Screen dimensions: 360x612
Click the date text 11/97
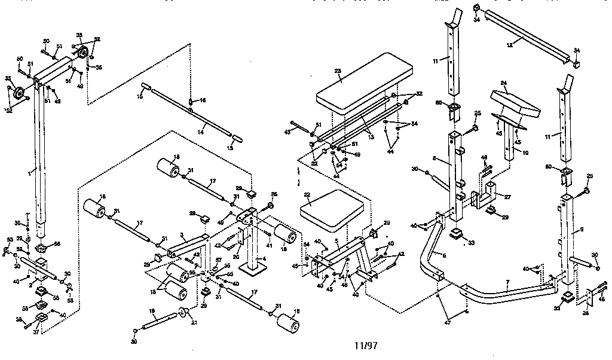pos(366,345)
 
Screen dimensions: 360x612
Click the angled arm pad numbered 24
pos(514,103)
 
